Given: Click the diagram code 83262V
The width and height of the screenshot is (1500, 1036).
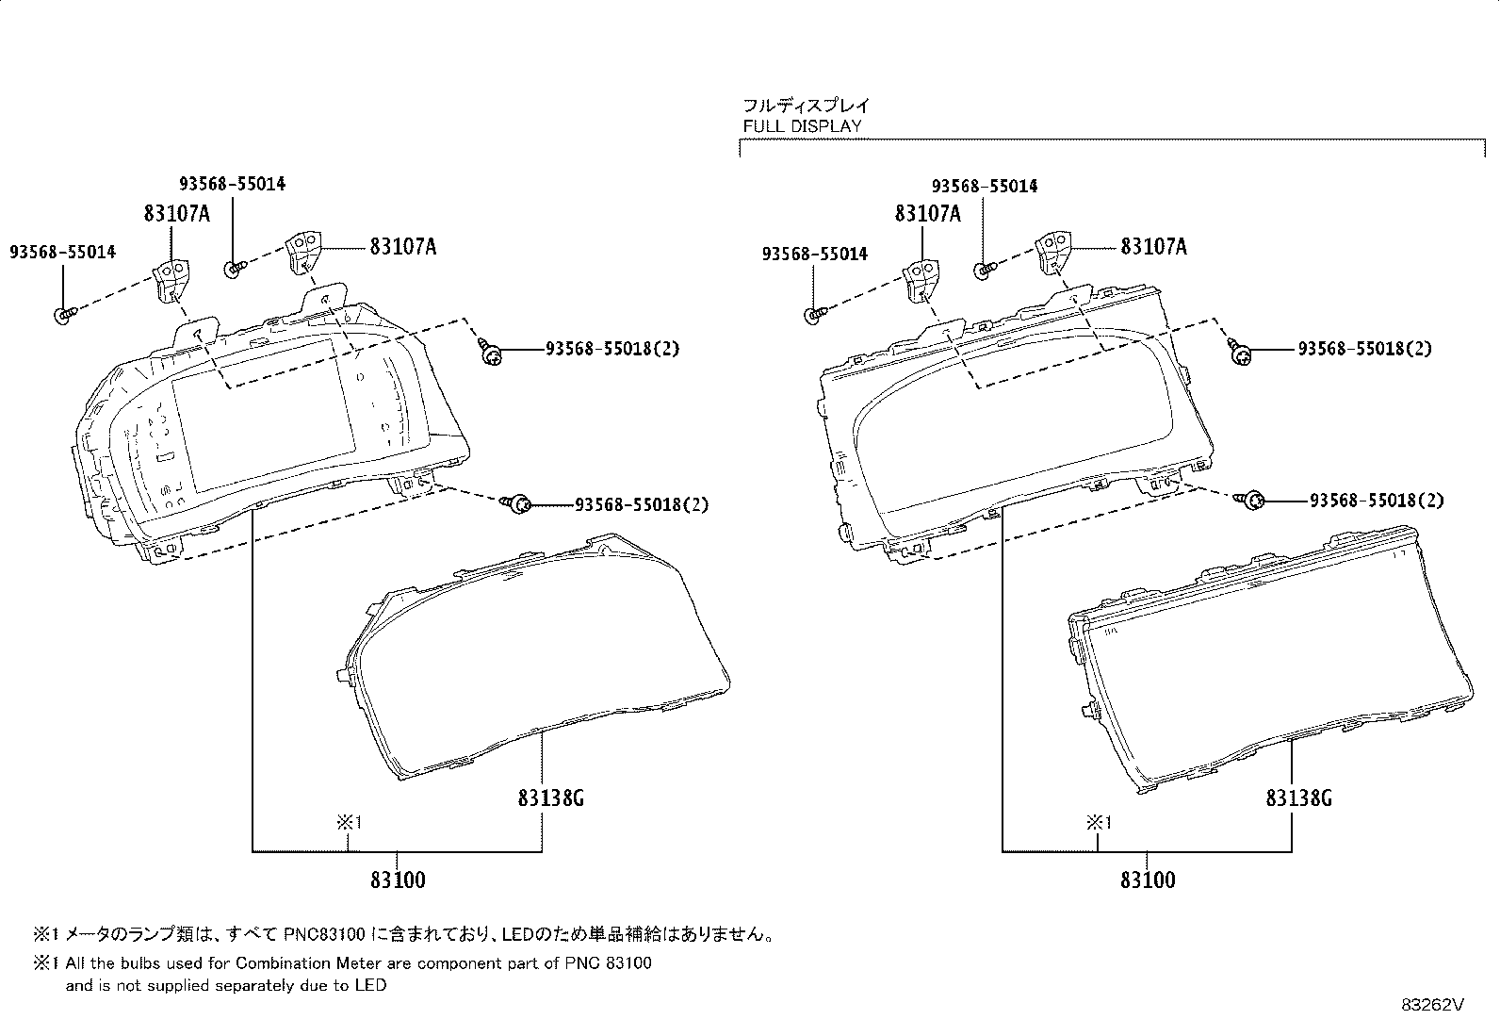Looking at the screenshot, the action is [1432, 1005].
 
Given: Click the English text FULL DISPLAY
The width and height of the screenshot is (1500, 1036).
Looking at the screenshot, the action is [802, 126].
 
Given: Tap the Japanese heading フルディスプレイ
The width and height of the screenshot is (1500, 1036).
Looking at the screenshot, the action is [807, 106].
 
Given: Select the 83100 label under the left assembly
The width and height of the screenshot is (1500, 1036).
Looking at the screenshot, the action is [398, 880].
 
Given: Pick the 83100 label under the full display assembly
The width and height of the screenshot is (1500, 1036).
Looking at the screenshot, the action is [1148, 880].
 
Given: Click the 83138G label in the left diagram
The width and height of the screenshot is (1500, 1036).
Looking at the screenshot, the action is [550, 798].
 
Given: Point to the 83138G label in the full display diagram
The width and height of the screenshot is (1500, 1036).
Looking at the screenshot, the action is [1298, 798].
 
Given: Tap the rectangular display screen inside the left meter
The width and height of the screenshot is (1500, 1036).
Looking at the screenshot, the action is [263, 416].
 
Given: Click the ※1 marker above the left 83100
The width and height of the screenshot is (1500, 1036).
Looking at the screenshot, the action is [350, 822].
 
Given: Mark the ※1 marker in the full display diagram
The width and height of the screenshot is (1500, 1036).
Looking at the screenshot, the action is [1099, 822].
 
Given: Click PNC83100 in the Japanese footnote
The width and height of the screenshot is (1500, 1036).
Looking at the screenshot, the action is [324, 934].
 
